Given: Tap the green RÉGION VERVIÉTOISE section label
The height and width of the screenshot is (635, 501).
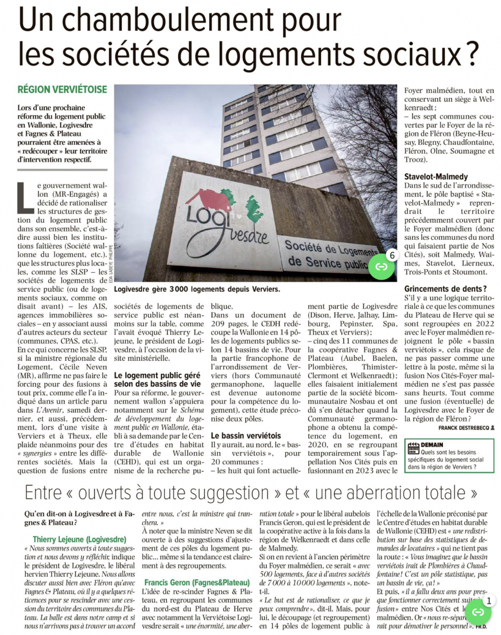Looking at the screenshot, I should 62,89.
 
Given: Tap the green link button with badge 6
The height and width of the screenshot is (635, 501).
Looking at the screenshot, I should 382,266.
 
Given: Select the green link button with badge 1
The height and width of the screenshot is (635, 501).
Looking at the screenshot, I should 478,611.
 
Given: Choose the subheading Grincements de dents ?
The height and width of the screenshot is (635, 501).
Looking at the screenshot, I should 445,288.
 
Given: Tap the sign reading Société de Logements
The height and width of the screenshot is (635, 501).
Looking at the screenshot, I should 327,252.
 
